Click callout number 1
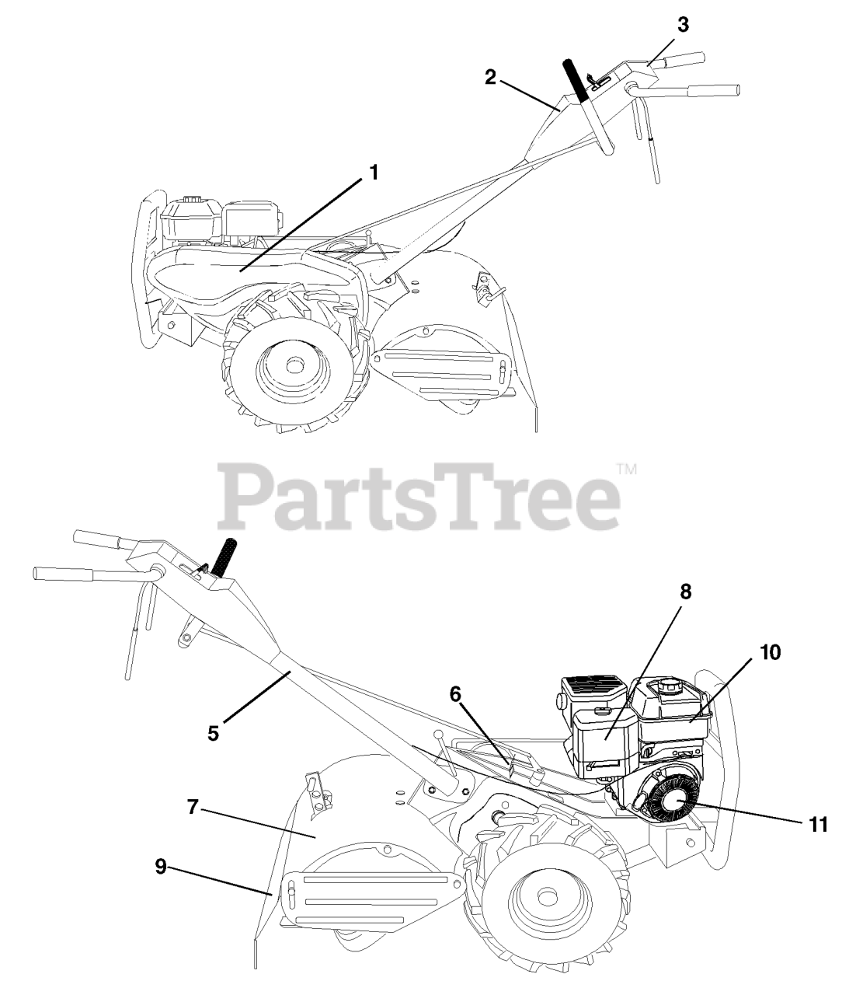pos(374,172)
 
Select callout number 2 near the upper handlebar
pos(490,78)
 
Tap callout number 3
pos(682,24)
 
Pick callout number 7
pos(193,806)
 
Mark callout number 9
pos(161,867)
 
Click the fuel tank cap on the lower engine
pos(669,687)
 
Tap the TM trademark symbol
pos(626,470)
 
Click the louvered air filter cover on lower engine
pos(593,688)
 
